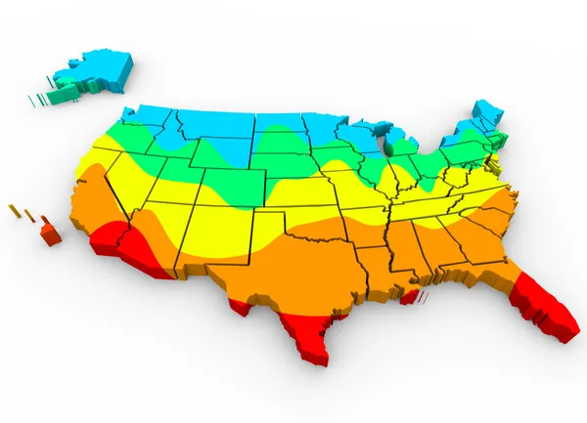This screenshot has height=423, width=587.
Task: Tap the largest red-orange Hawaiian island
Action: tap(50, 233)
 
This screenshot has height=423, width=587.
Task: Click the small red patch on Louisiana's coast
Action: tap(412, 292)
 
